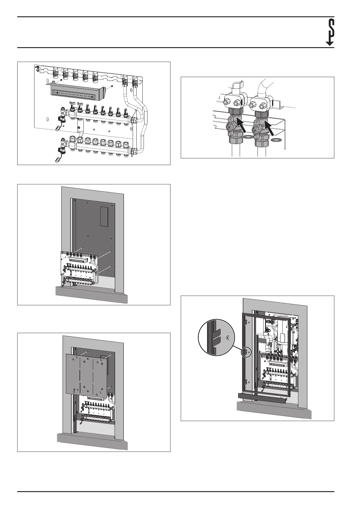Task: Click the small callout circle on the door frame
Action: pyautogui.click(x=246, y=352)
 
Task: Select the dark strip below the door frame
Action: pyautogui.click(x=262, y=395)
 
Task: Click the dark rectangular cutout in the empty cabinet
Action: pyautogui.click(x=104, y=217)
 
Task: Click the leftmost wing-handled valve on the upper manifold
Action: pyautogui.click(x=73, y=107)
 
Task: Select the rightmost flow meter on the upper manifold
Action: pyautogui.click(x=126, y=112)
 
